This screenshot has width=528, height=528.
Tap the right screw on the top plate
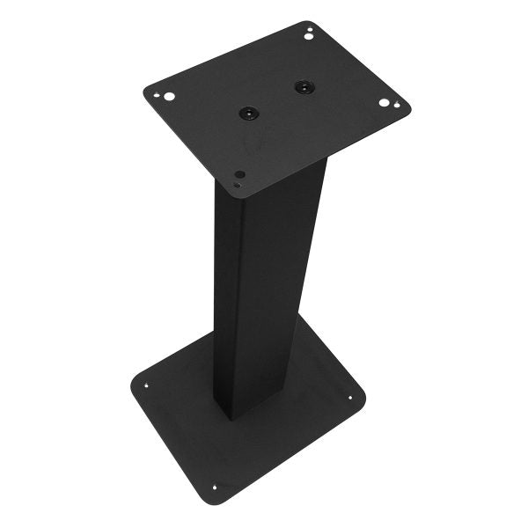(x=304, y=86)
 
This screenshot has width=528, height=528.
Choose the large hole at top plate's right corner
(x=385, y=103)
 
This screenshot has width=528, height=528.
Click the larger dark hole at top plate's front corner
(x=239, y=175)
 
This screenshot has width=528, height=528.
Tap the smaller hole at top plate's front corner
(x=237, y=185)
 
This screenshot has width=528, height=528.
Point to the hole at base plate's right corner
(x=349, y=398)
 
